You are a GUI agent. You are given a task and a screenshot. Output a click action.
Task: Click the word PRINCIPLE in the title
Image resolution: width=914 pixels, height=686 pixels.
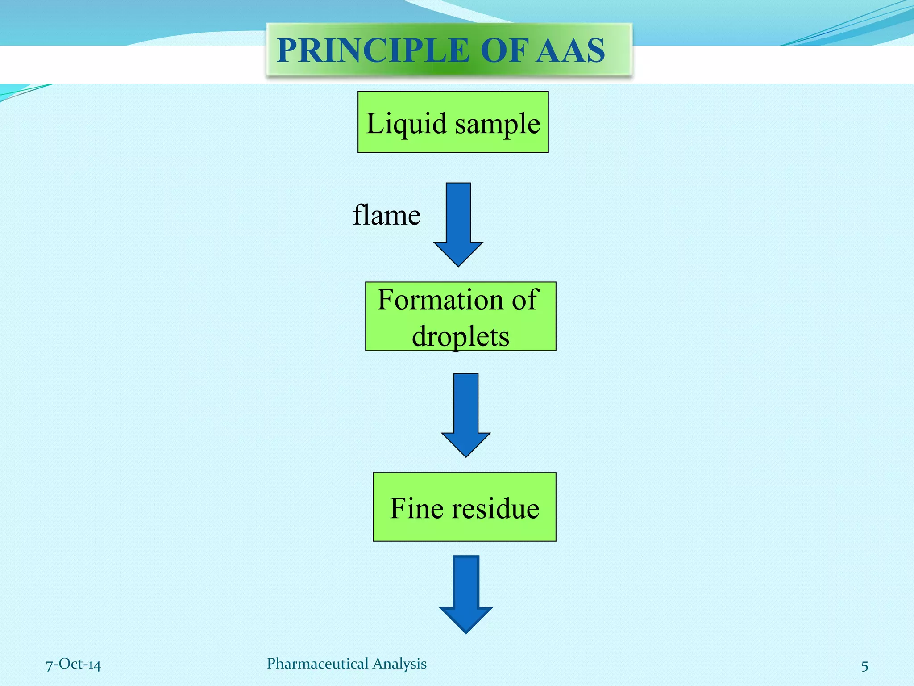(x=373, y=50)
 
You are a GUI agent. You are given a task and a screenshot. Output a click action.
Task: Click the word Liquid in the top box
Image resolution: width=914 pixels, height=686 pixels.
(x=406, y=124)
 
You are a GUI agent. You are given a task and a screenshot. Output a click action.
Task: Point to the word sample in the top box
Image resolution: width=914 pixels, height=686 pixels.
(x=498, y=124)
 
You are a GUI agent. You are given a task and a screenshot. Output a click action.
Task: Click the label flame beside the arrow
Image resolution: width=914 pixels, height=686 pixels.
(x=386, y=215)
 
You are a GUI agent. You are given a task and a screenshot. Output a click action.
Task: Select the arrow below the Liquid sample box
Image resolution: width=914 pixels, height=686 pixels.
(x=458, y=223)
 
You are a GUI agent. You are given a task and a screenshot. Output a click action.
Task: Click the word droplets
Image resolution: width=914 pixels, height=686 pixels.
(x=460, y=336)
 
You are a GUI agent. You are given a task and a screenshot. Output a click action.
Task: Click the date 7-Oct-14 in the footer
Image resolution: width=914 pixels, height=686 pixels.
(x=73, y=665)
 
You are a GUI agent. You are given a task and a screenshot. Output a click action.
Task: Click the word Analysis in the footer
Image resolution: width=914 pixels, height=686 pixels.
(x=399, y=664)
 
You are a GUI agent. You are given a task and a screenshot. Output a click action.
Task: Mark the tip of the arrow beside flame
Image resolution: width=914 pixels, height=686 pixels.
(x=458, y=265)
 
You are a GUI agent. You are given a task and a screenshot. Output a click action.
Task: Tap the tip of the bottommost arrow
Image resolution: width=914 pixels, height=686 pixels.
(x=466, y=632)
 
